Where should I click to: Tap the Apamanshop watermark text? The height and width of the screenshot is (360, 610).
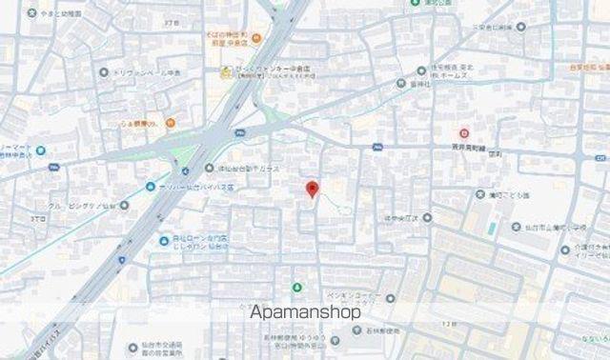pos(305,311)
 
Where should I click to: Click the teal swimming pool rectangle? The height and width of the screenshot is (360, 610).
pos(492,230)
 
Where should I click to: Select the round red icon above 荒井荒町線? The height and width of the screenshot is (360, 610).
pos(464,133)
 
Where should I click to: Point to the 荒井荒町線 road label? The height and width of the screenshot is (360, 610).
pos(469,149)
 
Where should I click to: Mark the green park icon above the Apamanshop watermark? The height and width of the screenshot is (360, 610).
pos(296,287)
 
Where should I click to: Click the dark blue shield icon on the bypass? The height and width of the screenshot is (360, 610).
pos(122,258)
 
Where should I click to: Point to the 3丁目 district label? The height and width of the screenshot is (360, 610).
pos(38,219)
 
